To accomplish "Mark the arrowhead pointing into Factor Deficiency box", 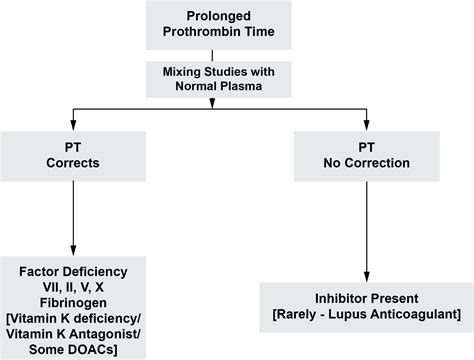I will (x=71, y=250).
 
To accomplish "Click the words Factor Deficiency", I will (x=71, y=270).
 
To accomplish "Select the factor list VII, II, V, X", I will (x=71, y=286).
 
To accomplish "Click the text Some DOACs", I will (x=71, y=348).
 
